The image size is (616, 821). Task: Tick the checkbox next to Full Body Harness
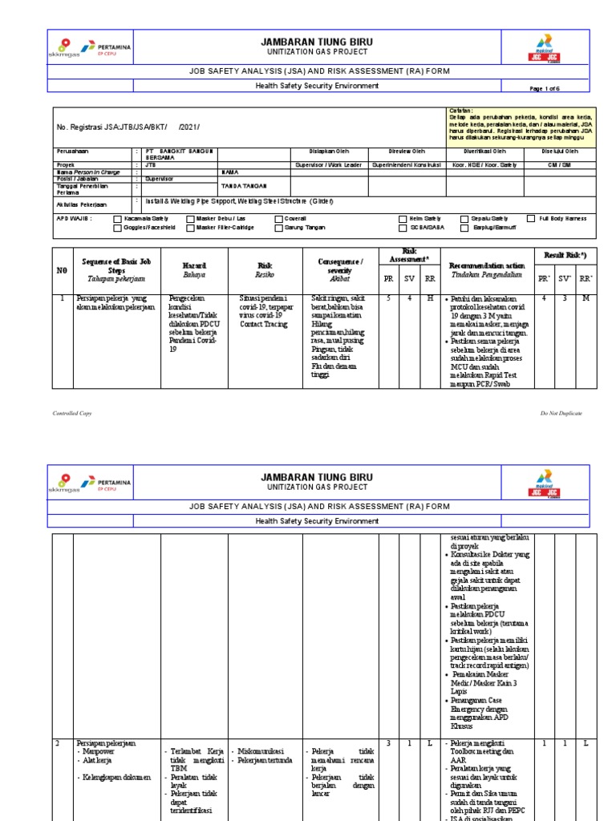point(531,218)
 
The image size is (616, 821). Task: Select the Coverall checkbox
point(279,218)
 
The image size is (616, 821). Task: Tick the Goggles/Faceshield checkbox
point(118,228)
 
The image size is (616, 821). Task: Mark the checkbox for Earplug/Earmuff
point(464,228)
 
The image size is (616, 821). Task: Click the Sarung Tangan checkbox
point(279,228)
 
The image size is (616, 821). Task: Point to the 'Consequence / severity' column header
point(340,266)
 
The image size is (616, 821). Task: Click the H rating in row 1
point(429,298)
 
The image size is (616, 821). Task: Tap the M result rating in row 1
point(586,298)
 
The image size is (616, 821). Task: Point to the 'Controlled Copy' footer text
point(72,413)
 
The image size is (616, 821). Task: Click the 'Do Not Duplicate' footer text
point(561,413)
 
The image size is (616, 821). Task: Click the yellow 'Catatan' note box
point(518,124)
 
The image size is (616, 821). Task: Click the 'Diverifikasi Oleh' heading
point(484,151)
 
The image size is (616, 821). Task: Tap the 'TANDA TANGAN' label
point(241,184)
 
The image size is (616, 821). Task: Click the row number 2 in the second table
point(58,743)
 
